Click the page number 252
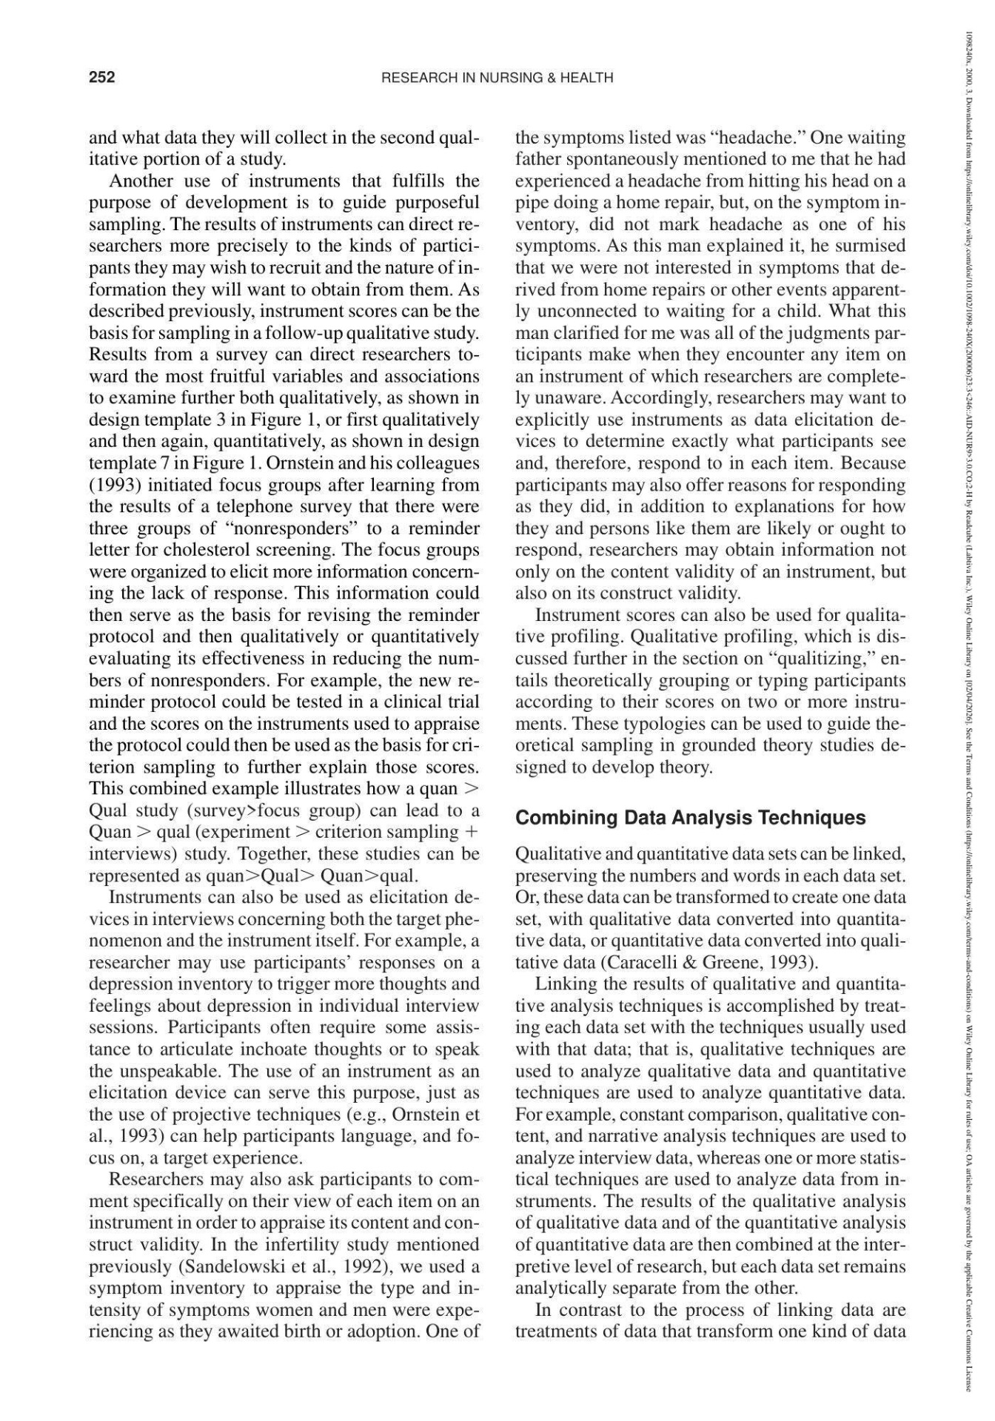[x=102, y=77]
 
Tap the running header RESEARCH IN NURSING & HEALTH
[x=497, y=78]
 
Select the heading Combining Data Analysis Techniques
[x=690, y=818]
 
